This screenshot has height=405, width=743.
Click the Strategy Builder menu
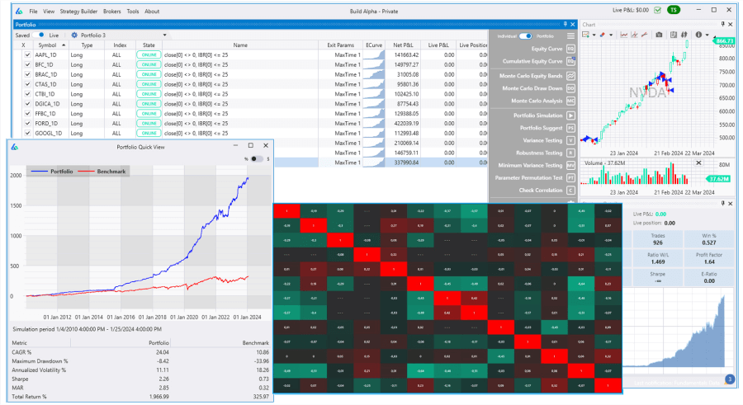coord(78,12)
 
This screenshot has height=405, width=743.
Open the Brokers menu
coord(112,12)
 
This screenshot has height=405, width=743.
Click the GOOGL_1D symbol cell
coord(48,134)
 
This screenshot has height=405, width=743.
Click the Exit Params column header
coord(343,45)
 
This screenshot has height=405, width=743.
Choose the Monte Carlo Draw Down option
coord(532,88)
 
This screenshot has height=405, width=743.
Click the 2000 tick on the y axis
coord(16,176)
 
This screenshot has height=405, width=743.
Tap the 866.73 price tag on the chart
coord(724,41)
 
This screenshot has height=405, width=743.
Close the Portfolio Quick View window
coord(265,145)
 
